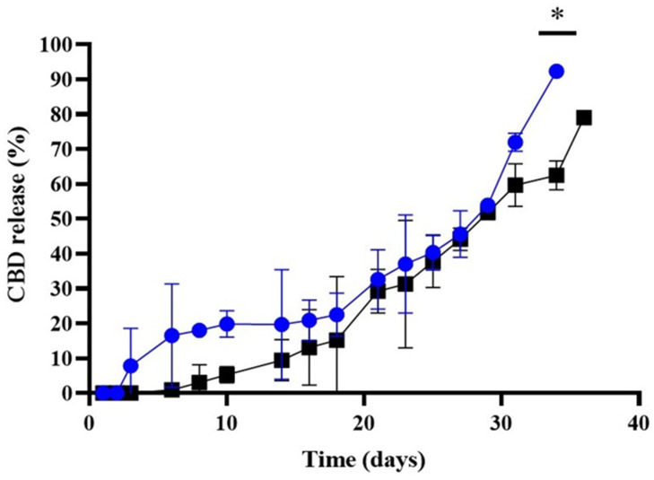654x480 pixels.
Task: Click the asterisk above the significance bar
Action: click(557, 16)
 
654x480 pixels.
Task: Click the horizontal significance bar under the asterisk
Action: click(557, 33)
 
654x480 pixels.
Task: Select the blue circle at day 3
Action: click(131, 365)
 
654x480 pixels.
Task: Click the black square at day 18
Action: click(336, 340)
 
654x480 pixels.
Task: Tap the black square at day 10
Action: click(227, 374)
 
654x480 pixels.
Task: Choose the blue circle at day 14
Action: click(282, 324)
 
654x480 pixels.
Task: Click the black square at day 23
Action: click(405, 284)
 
